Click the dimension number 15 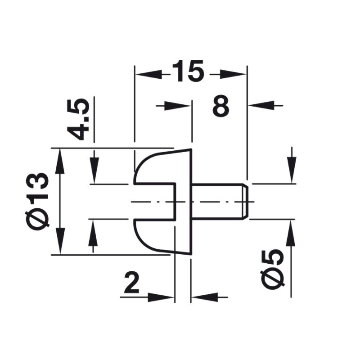[x=188, y=71]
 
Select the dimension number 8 [x=221, y=106]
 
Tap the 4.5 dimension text [x=78, y=120]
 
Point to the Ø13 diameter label [x=37, y=201]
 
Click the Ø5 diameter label [x=272, y=268]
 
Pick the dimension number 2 [x=132, y=283]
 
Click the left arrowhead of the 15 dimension [x=149, y=74]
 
